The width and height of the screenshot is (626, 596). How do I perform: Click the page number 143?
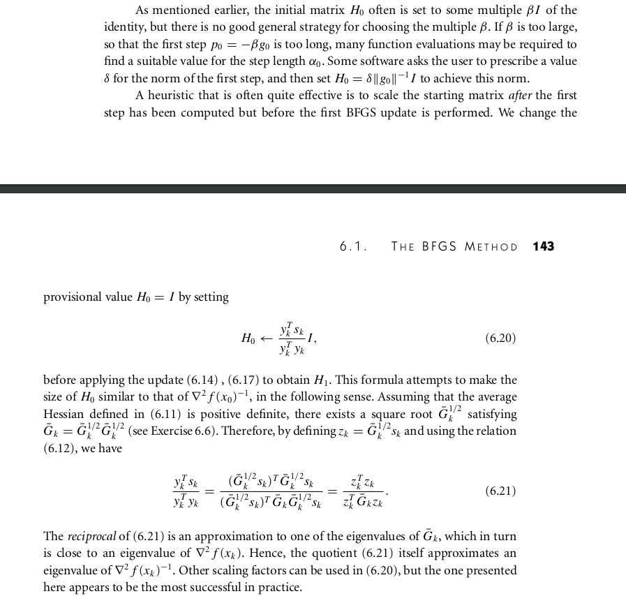[543, 246]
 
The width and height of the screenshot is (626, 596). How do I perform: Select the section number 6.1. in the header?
[354, 246]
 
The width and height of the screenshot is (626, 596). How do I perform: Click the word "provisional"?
[73, 297]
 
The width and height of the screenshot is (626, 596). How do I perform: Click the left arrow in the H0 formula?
[265, 338]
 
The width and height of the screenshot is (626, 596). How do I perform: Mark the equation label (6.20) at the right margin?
[500, 338]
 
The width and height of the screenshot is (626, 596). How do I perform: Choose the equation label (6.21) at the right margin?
[500, 491]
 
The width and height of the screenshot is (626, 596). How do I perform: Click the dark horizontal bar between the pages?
[313, 188]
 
